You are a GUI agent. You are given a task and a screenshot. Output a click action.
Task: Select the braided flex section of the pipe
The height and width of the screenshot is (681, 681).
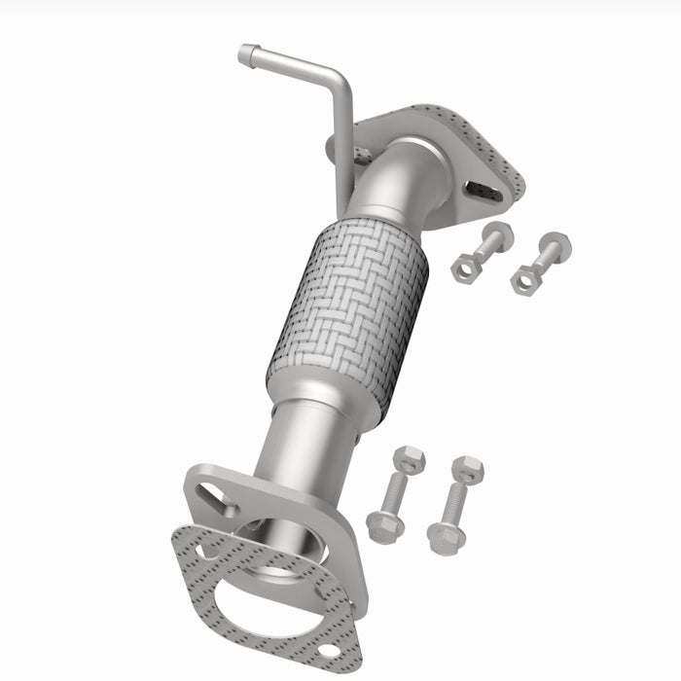tap(348, 311)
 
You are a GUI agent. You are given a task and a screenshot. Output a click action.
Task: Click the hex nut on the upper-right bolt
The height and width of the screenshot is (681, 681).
tap(523, 278)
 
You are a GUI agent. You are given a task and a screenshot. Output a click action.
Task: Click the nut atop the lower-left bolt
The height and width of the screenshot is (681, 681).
tap(410, 458)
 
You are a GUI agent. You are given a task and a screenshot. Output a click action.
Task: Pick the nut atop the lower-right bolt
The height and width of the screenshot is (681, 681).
tap(468, 469)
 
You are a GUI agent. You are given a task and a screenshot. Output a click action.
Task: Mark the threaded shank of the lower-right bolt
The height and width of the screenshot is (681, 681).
tap(456, 502)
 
